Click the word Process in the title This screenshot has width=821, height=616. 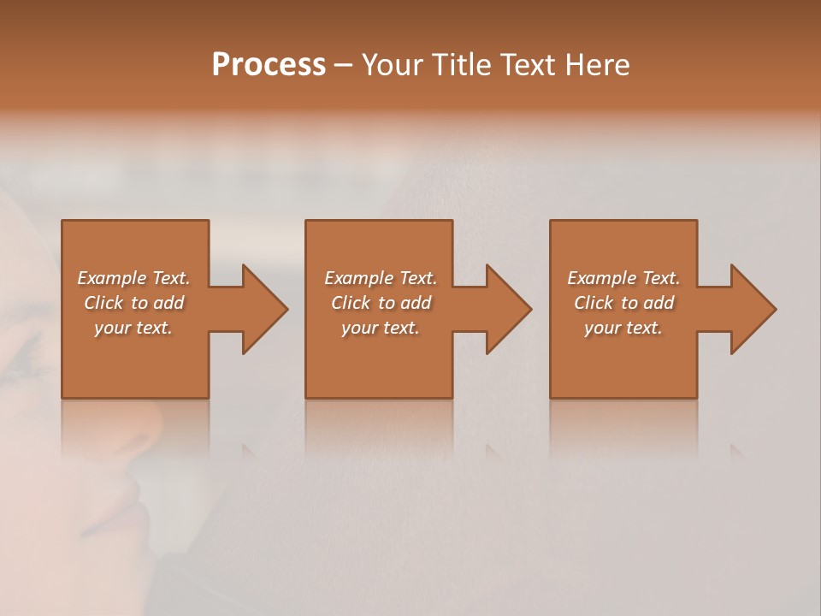coord(269,65)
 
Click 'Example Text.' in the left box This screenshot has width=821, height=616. coord(133,278)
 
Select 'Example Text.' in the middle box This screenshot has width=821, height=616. coord(381,278)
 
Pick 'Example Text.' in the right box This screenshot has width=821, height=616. coord(623,278)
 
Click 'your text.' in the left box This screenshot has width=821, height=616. coord(133,328)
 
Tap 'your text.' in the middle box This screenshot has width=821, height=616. coord(381,328)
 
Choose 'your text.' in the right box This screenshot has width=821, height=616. coord(623,328)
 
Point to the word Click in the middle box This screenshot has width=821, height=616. coord(351,303)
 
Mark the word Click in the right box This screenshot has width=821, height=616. coord(594,303)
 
